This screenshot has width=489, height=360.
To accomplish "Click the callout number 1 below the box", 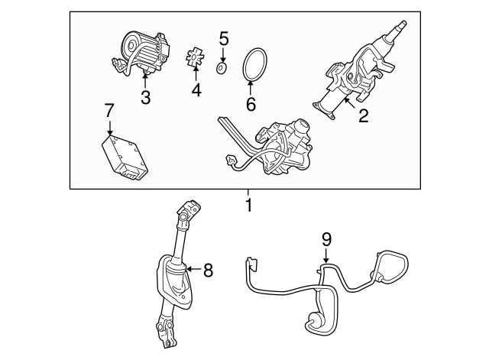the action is tap(248, 205).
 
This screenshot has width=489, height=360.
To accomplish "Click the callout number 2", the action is tap(364, 115).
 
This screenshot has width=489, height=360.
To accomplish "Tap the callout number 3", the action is tap(146, 97).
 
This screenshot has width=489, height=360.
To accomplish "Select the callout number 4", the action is tap(196, 90).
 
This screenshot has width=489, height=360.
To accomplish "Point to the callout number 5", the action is tap(224, 39).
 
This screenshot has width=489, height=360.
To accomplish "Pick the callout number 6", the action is tap(251, 104).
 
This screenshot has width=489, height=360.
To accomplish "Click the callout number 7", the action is tap(109, 110).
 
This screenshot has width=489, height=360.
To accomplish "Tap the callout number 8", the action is tap(208, 270).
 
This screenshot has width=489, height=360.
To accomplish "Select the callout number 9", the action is tap(326, 240).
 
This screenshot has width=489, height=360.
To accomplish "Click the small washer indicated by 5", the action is tap(222, 68).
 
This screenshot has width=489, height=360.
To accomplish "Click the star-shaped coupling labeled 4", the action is tap(193, 58).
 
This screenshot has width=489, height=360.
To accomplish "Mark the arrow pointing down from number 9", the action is tap(326, 256).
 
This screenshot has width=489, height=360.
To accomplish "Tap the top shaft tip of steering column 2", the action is tap(403, 23).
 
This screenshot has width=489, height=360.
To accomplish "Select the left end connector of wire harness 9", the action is tap(252, 263).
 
